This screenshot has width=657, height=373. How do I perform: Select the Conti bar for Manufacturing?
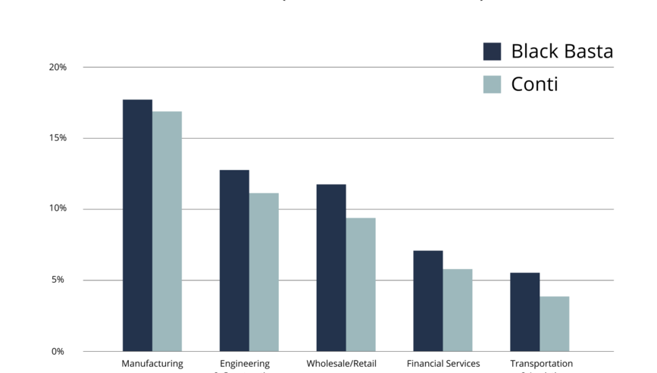tap(167, 231)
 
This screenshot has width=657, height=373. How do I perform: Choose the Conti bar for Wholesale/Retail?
tap(361, 284)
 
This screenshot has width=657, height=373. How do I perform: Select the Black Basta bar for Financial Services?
tap(428, 300)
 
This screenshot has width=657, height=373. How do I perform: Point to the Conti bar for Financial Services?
tap(458, 309)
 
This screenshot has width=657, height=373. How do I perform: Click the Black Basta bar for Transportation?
tap(524, 312)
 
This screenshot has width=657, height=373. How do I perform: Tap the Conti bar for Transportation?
tap(554, 324)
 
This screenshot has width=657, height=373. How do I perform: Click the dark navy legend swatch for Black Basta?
tap(493, 52)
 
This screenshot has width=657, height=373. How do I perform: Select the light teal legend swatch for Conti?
tap(493, 84)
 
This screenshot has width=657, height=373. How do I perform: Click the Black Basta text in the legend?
tap(562, 52)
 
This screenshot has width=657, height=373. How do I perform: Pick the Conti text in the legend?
tap(534, 84)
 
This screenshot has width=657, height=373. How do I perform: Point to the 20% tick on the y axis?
tap(58, 67)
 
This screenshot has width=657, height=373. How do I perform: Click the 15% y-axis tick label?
tap(58, 138)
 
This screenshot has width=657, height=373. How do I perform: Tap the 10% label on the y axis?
tap(58, 209)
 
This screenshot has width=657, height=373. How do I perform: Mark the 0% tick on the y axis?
tap(58, 352)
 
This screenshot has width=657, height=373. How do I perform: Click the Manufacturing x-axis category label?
tap(152, 364)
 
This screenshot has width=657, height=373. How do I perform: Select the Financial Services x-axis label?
tap(443, 364)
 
